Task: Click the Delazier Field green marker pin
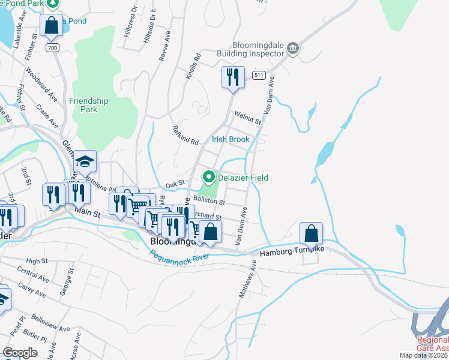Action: click(209, 177)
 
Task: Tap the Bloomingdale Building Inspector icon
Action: click(293, 49)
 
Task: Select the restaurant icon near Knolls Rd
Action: click(233, 77)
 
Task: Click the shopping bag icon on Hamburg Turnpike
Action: click(312, 233)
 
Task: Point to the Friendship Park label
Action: click(89, 105)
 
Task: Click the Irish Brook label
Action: click(231, 139)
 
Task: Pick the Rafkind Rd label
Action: click(185, 137)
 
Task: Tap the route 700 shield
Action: click(53, 47)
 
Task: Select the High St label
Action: click(37, 261)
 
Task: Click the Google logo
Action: click(20, 353)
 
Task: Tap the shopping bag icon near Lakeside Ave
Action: click(52, 25)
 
